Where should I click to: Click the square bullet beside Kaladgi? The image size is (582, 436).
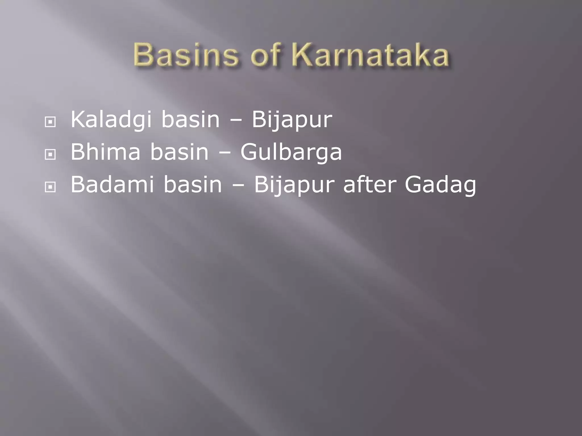[x=50, y=122]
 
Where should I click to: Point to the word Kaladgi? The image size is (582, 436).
[x=111, y=120]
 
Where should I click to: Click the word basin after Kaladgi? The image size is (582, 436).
[x=190, y=120]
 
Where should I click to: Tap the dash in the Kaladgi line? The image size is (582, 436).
[x=236, y=120]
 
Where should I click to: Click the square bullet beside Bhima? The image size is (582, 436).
[x=50, y=155]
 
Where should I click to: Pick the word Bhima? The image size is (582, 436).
[x=105, y=152]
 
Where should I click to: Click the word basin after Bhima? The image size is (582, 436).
[x=179, y=152]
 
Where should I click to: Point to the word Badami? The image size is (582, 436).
[x=112, y=185]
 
